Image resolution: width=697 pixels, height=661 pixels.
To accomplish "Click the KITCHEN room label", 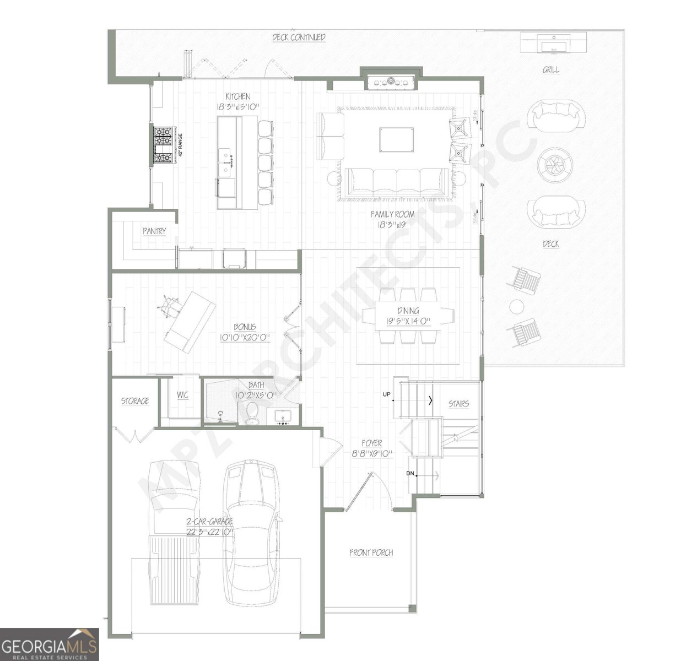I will tap(237, 97).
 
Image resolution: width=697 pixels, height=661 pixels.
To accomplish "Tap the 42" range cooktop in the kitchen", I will tap(163, 145).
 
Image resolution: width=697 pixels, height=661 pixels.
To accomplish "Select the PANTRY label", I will tap(154, 231).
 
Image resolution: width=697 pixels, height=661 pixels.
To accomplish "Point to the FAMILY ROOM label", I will tap(392, 214).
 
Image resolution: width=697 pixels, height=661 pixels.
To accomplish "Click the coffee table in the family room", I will tap(396, 139).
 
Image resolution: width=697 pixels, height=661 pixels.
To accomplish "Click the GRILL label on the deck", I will tap(551, 70).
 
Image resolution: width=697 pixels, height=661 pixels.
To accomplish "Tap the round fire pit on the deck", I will tap(554, 164).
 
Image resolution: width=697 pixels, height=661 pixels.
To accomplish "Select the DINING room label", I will tap(408, 311).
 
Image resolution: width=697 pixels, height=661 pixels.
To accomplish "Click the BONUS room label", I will tap(245, 327).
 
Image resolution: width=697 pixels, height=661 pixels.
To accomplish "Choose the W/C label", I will tap(182, 395).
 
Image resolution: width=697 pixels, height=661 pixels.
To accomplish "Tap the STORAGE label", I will tap(135, 401).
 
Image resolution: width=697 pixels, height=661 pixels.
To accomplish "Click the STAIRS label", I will tap(458, 404).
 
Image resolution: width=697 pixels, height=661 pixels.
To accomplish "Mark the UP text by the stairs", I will tap(387, 394).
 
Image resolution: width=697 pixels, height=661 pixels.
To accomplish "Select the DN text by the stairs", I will tap(410, 473).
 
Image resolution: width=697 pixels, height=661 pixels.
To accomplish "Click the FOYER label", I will tap(371, 443).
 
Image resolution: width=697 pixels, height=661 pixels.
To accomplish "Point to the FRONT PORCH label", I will tap(371, 552).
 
